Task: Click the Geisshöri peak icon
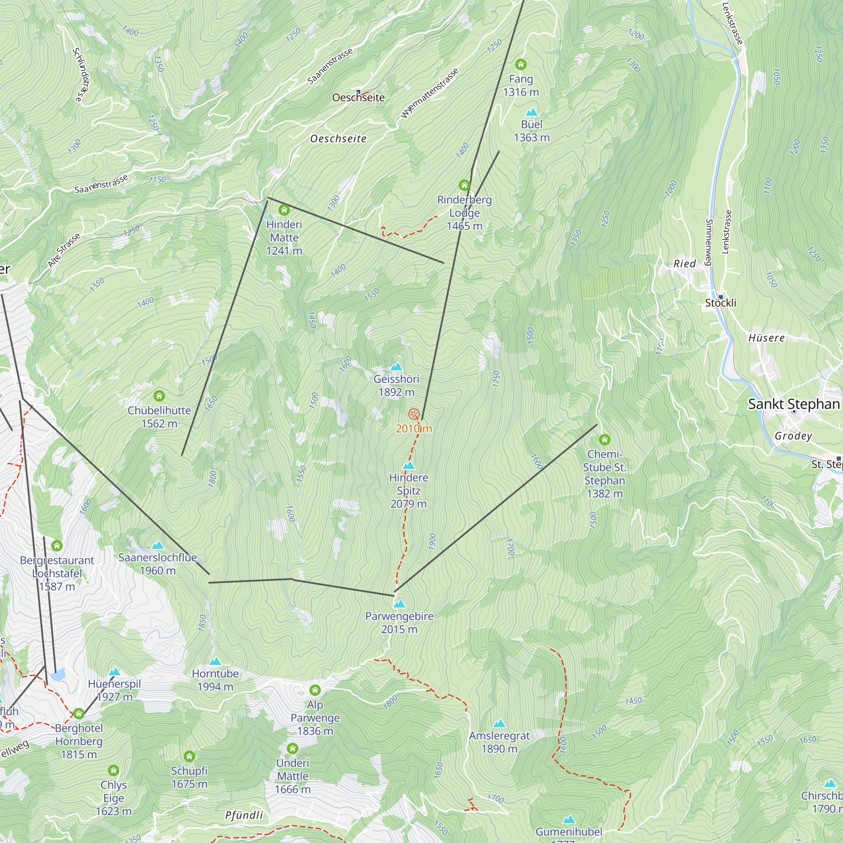pos(396,367)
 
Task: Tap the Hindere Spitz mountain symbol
pos(408,466)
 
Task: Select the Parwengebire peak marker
pos(399,604)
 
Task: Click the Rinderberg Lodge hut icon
pos(464,185)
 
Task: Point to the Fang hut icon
pos(521,64)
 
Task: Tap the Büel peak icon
pos(532,112)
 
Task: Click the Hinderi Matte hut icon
pos(284,210)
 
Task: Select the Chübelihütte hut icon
pos(159,396)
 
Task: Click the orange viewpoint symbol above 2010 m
pos(413,414)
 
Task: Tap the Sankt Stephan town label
pos(794,404)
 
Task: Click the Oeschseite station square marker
pos(358,91)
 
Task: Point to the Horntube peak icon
pos(215,661)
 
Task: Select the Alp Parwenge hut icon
pos(315,690)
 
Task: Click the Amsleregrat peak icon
pos(499,723)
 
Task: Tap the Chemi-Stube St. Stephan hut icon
pos(604,439)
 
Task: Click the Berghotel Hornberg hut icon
pos(78,714)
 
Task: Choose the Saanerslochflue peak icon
pos(158,545)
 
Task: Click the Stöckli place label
pos(720,303)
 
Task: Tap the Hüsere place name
pos(766,338)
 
